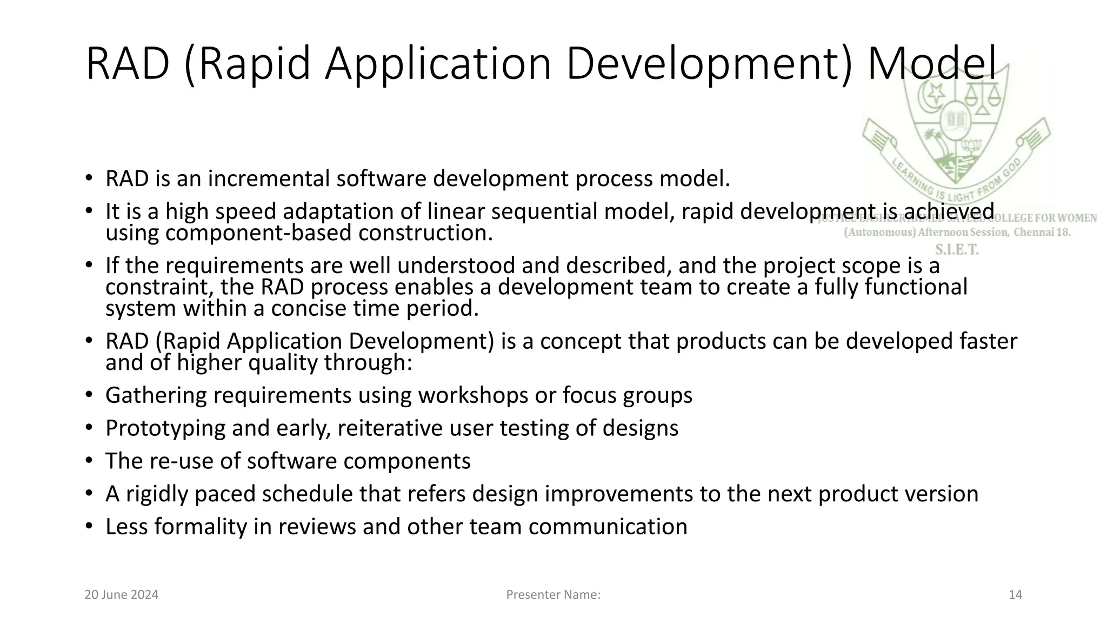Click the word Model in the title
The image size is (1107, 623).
pos(931,64)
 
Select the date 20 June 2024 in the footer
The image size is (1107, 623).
pos(122,595)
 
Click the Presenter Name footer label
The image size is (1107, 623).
pos(553,595)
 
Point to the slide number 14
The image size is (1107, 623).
pos(1015,595)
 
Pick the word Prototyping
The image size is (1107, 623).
pos(165,428)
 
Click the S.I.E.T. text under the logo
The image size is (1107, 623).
pos(957,250)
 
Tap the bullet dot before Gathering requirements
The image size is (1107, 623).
pos(89,395)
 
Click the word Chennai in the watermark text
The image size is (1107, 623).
pos(1036,233)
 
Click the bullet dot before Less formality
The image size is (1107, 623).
pos(89,526)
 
